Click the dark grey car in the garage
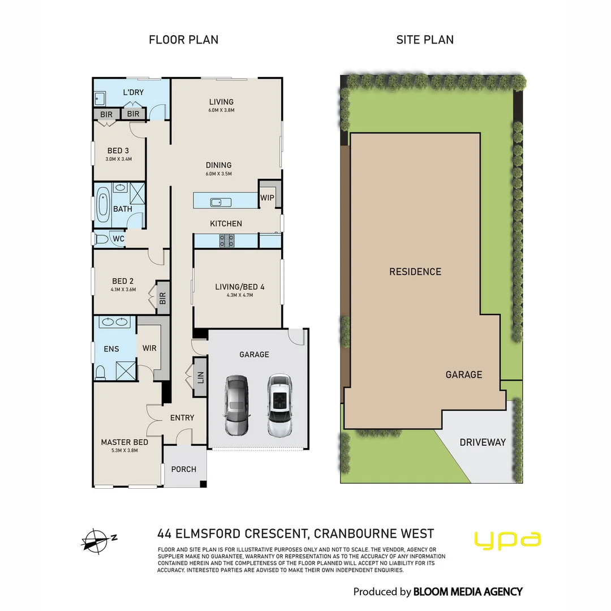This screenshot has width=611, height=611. [236, 405]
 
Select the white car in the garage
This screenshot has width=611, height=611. [278, 405]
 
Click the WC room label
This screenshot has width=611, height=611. [118, 239]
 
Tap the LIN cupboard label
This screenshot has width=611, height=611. [200, 376]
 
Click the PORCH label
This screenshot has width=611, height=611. [184, 469]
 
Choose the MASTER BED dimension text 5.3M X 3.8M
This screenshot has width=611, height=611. [124, 451]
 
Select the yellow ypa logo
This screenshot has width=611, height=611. [507, 540]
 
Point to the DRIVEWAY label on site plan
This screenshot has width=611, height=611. [483, 442]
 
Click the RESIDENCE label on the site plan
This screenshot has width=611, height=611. [415, 272]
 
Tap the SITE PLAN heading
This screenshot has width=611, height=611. [424, 40]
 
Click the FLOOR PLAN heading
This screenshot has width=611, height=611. [183, 40]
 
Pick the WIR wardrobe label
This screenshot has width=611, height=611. [149, 348]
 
